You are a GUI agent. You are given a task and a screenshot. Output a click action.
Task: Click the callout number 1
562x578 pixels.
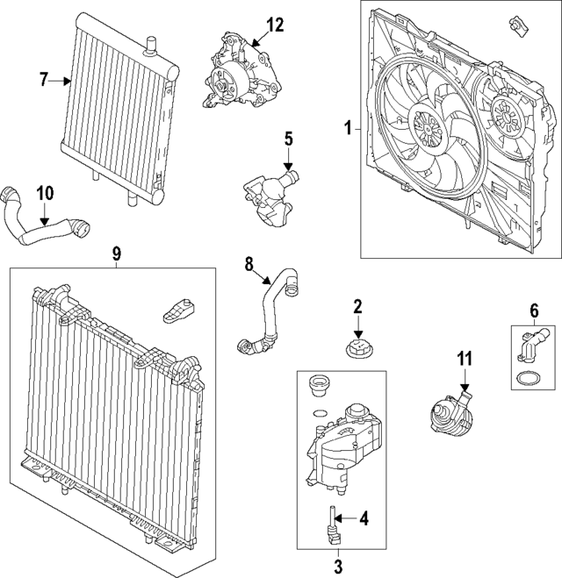click(x=348, y=129)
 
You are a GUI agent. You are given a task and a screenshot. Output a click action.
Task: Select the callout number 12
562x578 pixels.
click(x=276, y=25)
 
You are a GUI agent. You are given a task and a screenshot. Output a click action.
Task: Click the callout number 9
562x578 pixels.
click(x=116, y=253)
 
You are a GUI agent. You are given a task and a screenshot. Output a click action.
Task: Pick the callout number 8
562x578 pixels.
click(x=249, y=262)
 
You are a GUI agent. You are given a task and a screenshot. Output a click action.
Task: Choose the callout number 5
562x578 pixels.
click(x=286, y=139)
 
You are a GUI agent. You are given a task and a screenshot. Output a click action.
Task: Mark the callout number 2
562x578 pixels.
click(x=357, y=306)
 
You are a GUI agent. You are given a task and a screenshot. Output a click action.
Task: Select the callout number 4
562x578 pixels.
click(x=364, y=517)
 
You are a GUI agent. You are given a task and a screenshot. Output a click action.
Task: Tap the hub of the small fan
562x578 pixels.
click(x=505, y=115)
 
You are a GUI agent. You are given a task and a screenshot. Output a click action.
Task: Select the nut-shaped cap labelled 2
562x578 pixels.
click(x=357, y=347)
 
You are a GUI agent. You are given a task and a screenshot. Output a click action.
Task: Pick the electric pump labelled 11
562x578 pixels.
click(x=446, y=409)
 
